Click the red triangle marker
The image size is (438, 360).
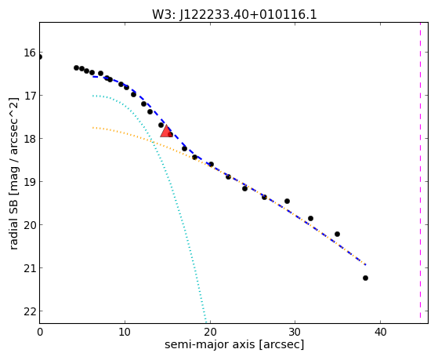166,131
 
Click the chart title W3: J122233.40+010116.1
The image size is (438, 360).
234,15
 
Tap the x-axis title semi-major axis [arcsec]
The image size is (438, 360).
234,344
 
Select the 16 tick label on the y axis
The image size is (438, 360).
30,53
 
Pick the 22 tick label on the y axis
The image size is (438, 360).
30,311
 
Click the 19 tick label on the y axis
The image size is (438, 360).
30,182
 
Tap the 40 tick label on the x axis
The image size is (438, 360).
380,332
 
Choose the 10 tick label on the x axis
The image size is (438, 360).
125,332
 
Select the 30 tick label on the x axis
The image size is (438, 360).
295,332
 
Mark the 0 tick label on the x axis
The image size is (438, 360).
40,332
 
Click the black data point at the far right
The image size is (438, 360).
365,278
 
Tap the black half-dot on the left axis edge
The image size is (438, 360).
40,57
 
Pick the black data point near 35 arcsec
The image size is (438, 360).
337,234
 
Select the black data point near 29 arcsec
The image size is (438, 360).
287,201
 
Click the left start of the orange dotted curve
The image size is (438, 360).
92,128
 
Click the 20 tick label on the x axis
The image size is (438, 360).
210,332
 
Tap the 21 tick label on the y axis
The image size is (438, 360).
30,268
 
